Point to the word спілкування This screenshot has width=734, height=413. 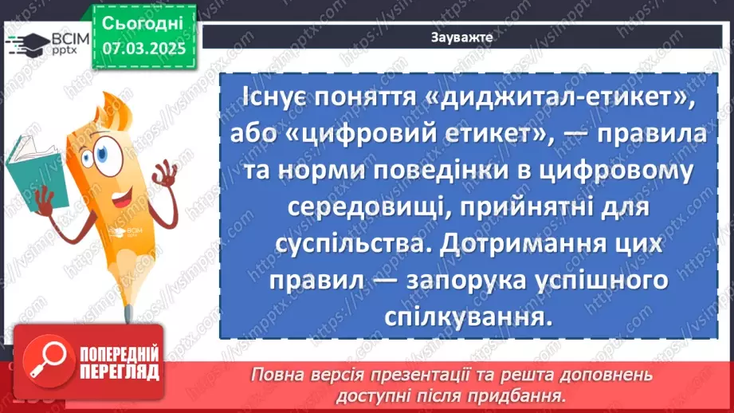463,317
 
